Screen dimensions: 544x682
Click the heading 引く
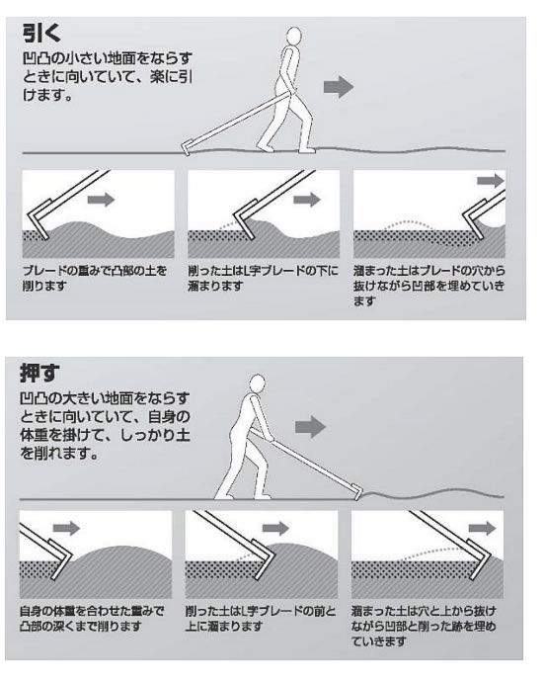41,33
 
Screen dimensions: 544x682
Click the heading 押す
39,373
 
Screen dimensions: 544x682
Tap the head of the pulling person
294,36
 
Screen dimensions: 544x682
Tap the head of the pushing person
258,384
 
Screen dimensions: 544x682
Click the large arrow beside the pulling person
339,87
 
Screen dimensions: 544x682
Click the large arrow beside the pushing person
310,427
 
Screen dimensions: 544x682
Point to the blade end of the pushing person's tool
358,498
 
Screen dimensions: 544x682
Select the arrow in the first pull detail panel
101,200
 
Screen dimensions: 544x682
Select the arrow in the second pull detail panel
307,200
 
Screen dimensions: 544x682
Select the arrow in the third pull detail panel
491,181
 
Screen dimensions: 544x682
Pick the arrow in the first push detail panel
66,529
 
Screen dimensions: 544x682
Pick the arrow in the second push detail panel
275,529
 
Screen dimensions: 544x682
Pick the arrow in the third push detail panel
483,529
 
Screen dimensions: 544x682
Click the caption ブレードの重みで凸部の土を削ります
95,279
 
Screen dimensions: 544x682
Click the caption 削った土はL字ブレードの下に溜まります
263,279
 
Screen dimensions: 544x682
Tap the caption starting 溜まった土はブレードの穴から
429,286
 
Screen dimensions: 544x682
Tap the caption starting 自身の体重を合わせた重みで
92,619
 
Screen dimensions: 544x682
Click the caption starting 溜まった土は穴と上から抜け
424,626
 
